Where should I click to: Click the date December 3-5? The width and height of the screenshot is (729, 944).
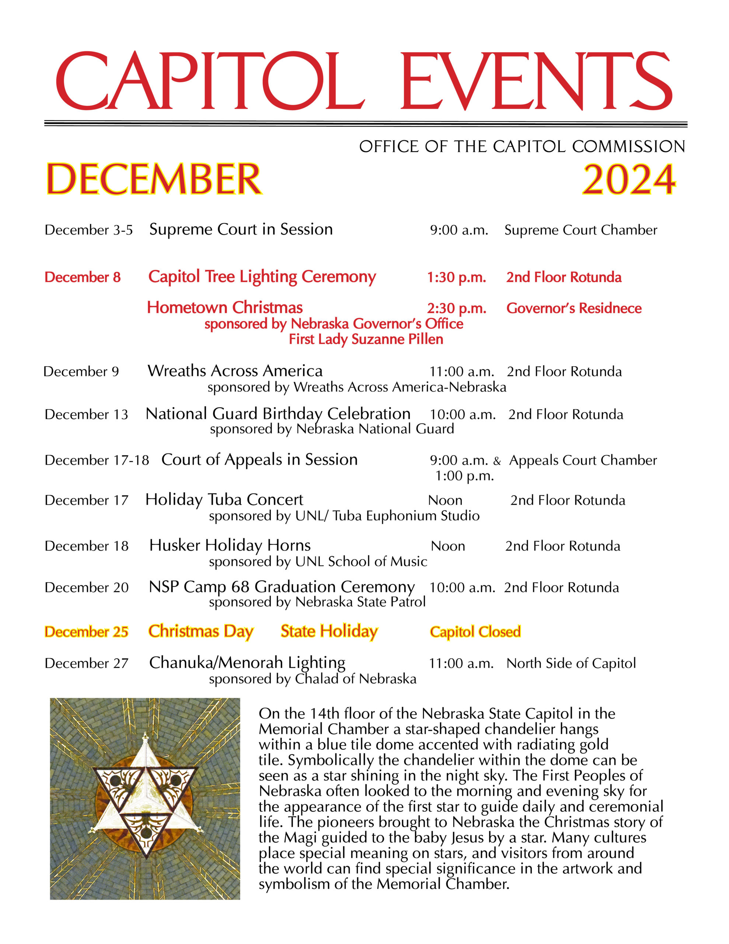click(x=88, y=230)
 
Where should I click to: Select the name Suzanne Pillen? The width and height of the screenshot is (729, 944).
click(x=397, y=339)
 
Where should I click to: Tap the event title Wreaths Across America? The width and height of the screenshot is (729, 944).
click(x=235, y=371)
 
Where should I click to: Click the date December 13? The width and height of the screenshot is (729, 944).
click(x=86, y=414)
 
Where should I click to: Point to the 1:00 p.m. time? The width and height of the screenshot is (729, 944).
click(x=464, y=476)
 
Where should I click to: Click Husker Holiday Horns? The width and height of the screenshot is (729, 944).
click(x=230, y=545)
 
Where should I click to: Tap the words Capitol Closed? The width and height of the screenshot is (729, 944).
click(x=475, y=632)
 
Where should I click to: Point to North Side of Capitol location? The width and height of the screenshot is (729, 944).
click(x=571, y=663)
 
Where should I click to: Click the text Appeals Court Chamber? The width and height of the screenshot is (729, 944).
click(x=583, y=460)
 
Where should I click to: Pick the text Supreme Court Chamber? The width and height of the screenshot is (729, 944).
click(x=580, y=230)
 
